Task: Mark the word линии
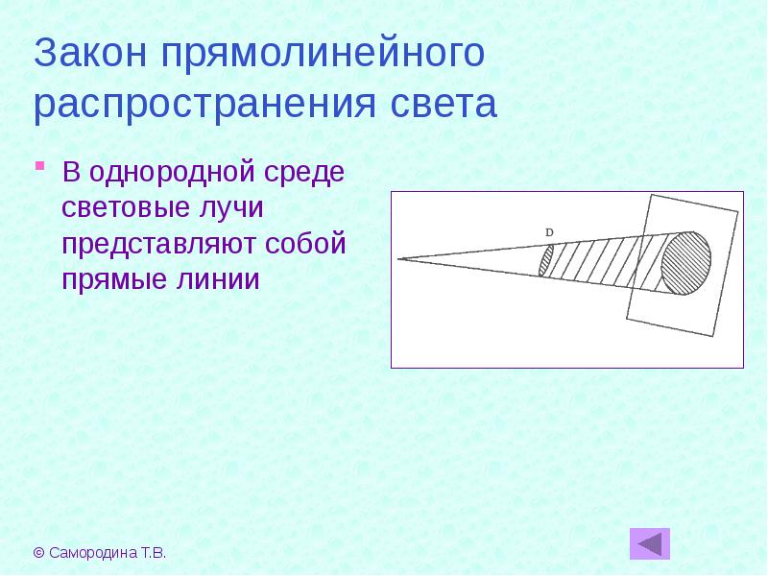point(221,279)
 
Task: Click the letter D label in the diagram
point(549,233)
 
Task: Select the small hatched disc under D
point(546,260)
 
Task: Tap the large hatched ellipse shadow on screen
point(686,260)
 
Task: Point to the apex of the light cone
point(399,258)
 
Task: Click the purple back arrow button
point(650,543)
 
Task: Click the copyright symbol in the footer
point(38,553)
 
